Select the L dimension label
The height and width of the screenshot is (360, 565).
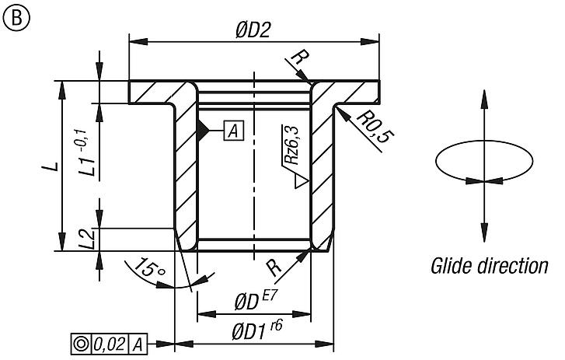47,166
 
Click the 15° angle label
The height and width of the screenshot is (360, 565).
149,269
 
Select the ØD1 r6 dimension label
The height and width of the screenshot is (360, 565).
256,331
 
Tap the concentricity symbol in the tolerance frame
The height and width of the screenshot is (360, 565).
79,343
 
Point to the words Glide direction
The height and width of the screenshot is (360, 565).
489,267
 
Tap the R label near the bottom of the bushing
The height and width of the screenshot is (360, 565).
274,268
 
